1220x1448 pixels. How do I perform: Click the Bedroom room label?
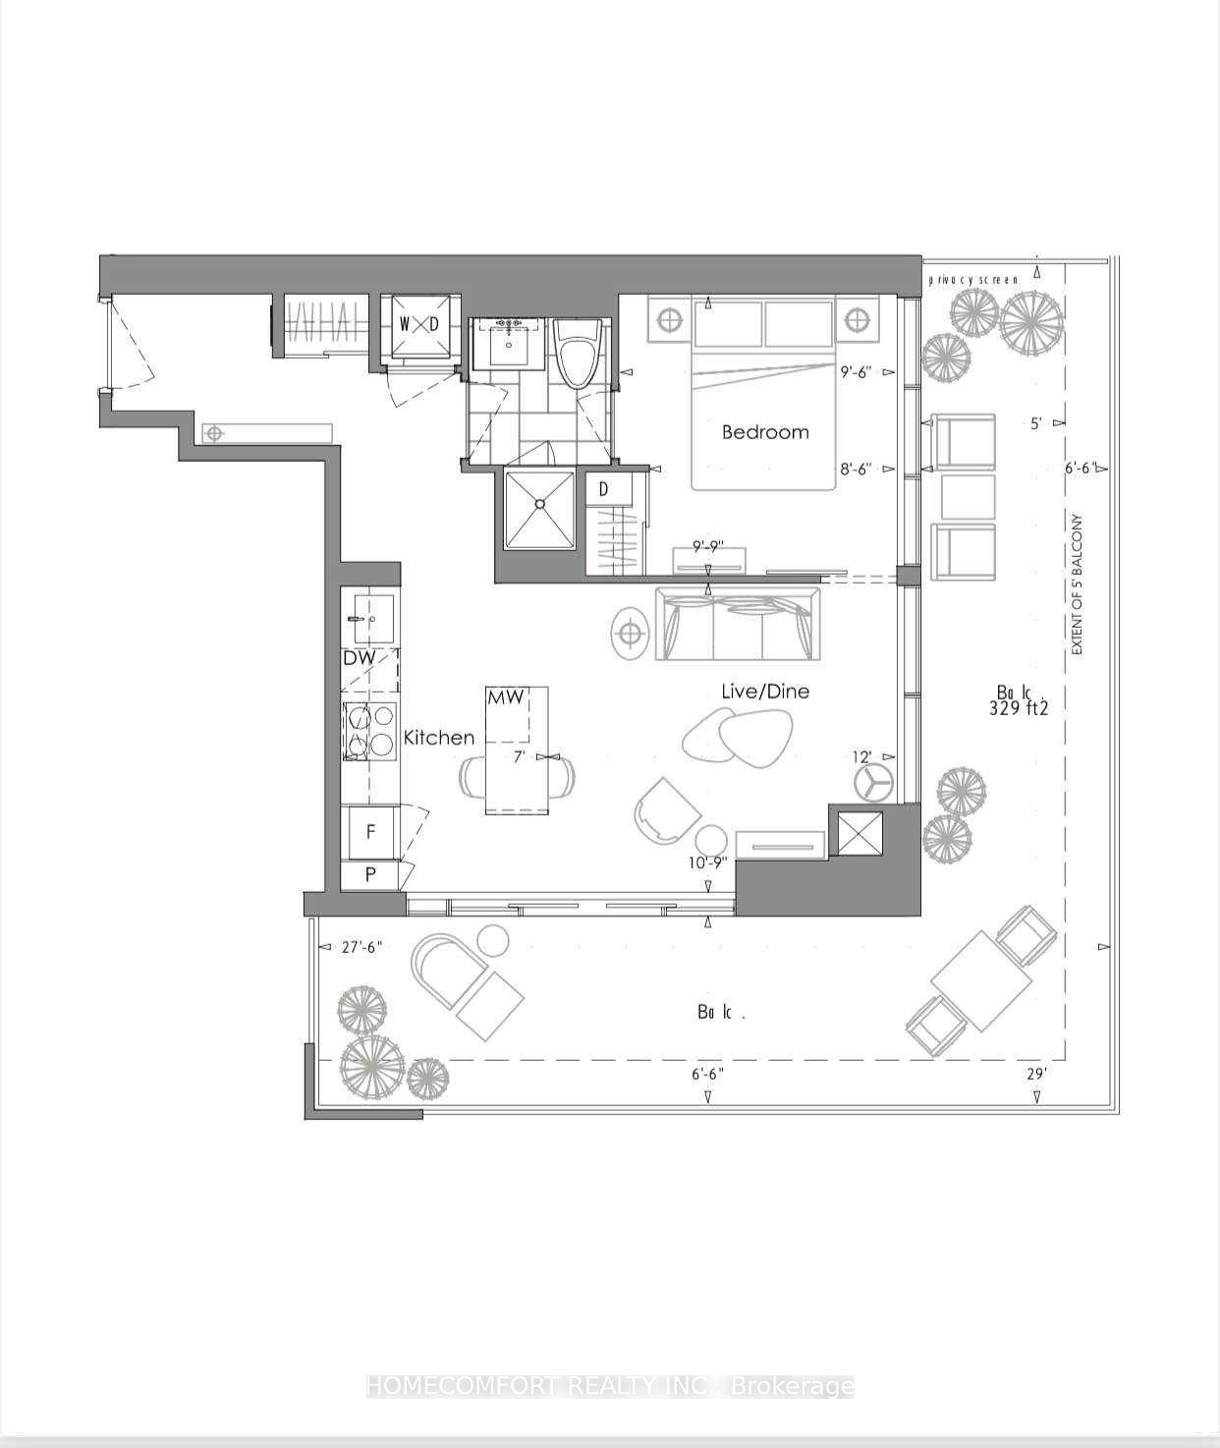click(x=765, y=432)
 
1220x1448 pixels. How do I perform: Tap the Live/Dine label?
click(x=765, y=692)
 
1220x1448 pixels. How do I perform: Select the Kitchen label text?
click(x=439, y=737)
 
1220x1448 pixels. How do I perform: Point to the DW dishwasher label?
click(x=360, y=658)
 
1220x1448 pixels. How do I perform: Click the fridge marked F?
click(x=370, y=832)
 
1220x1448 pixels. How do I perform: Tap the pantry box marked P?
click(x=370, y=874)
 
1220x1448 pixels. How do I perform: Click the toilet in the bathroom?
click(x=578, y=354)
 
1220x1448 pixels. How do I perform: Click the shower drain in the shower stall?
click(x=538, y=504)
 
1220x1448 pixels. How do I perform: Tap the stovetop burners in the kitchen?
click(x=370, y=732)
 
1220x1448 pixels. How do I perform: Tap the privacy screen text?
click(x=973, y=280)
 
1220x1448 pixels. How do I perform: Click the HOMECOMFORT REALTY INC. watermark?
click(x=609, y=1386)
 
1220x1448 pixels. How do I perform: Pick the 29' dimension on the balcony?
click(x=1037, y=1075)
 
